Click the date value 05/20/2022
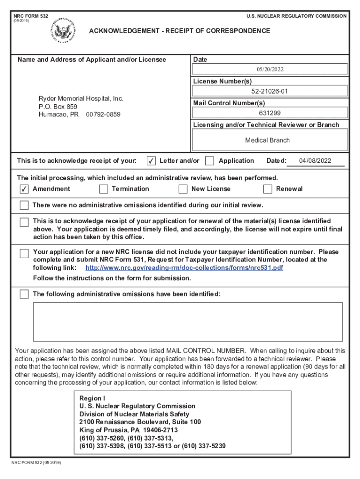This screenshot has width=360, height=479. (270, 69)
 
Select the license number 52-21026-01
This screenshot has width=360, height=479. (270, 91)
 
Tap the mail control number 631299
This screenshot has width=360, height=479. (270, 113)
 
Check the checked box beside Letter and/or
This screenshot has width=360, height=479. (151, 161)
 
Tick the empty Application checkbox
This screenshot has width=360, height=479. (210, 161)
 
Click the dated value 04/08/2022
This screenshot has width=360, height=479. (315, 161)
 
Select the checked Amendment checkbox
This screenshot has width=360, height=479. (24, 189)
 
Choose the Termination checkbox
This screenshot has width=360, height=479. (103, 189)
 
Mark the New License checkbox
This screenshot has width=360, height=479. (183, 189)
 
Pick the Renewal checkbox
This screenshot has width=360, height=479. (267, 189)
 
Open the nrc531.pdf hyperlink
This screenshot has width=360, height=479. (184, 268)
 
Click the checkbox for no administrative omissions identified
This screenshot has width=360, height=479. (24, 206)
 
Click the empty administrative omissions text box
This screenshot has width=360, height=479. (187, 321)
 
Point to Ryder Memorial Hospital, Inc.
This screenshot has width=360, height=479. (81, 99)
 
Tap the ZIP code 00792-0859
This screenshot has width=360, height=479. (103, 114)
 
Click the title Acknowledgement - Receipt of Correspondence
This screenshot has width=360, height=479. (180, 31)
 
